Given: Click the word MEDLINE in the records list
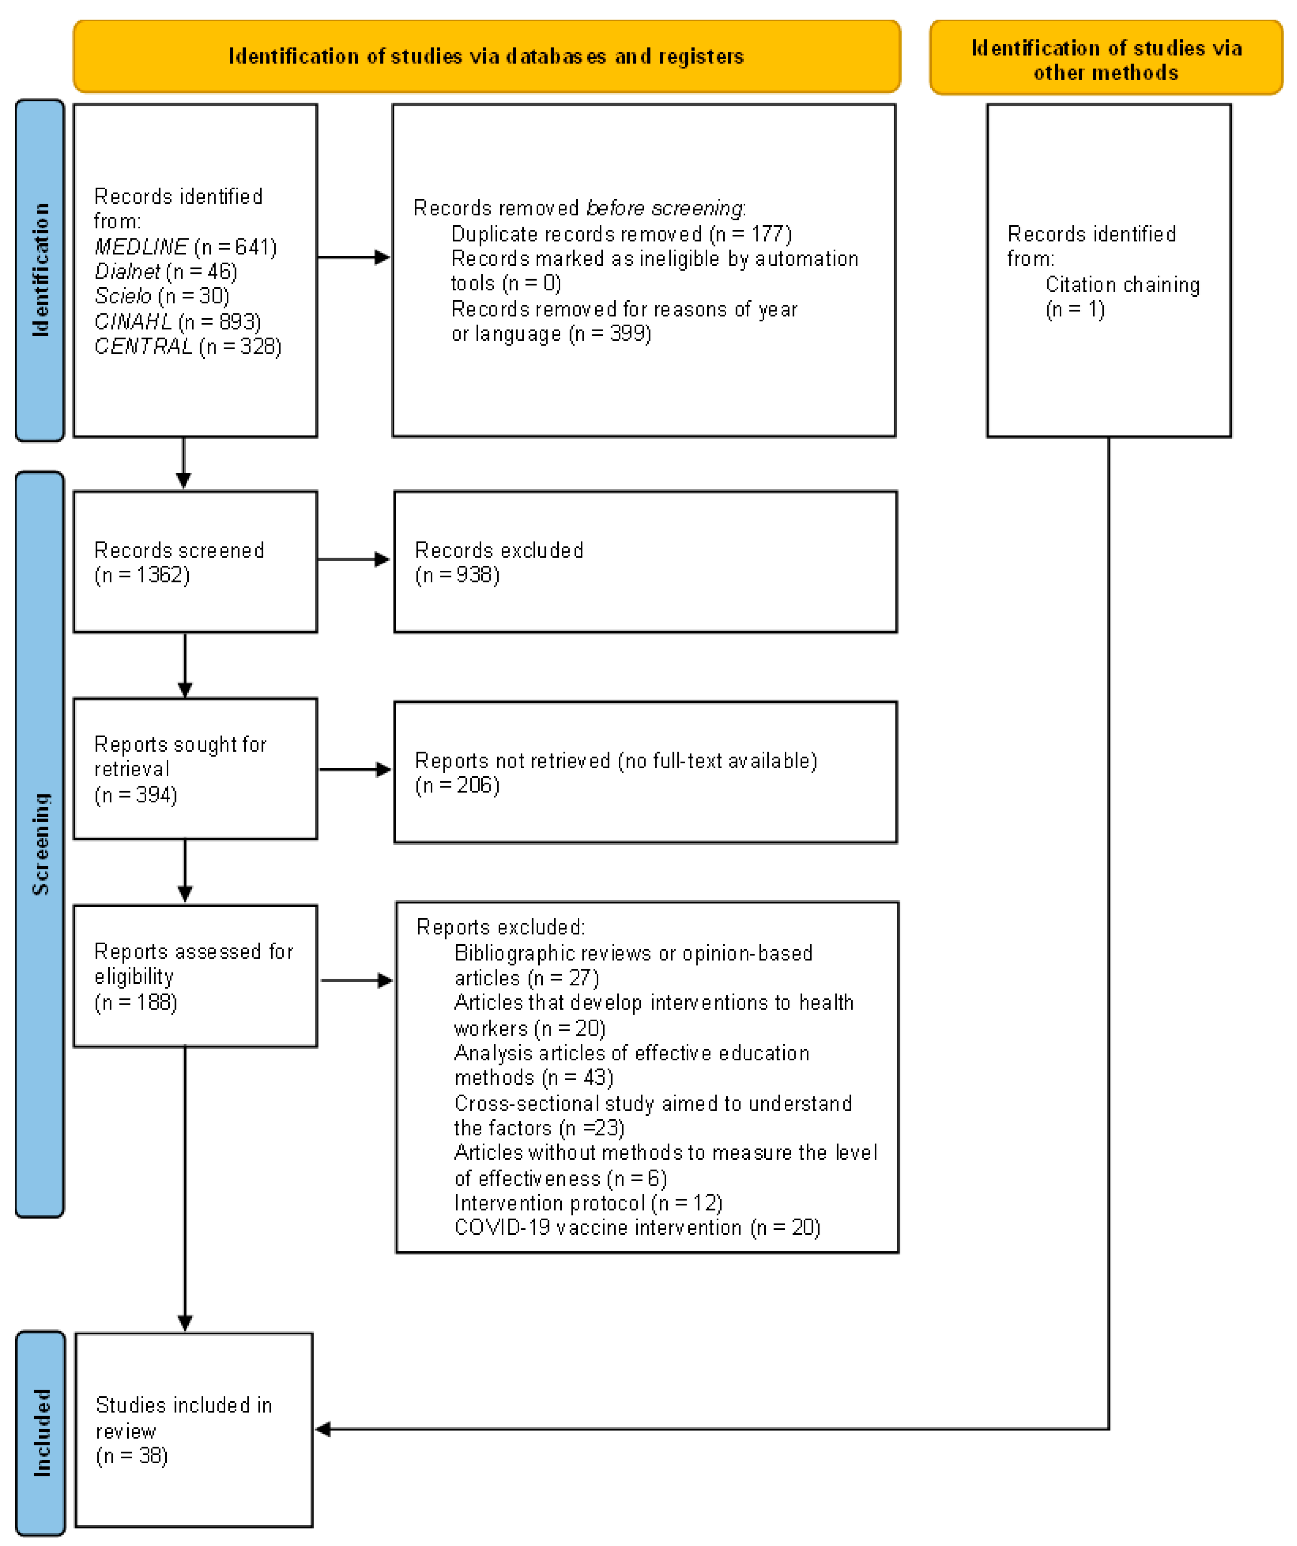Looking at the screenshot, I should click(x=140, y=247).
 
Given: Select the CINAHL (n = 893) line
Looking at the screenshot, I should click(x=177, y=322).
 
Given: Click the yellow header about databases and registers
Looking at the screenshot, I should click(x=486, y=56).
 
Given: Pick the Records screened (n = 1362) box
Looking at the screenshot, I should click(x=195, y=562).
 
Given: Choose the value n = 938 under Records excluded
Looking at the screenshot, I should click(x=457, y=575).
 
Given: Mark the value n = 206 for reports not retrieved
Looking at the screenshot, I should click(x=457, y=786).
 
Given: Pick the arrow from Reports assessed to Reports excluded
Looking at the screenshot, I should click(x=357, y=981).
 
